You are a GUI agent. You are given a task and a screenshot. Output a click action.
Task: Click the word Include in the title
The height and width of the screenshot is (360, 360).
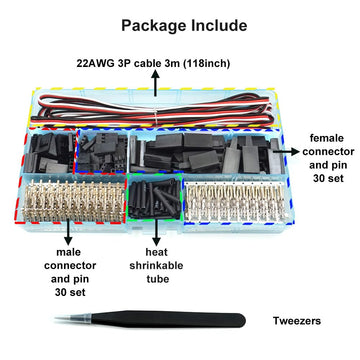214,24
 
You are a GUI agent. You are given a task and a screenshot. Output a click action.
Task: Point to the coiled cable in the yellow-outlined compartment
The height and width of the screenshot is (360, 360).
150,103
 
